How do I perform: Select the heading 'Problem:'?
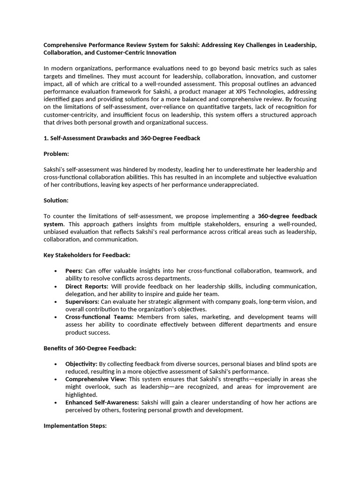click(56, 154)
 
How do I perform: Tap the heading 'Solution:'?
click(56, 201)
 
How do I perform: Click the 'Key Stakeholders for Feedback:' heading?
click(87, 255)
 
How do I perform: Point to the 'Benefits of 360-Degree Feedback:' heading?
click(90, 348)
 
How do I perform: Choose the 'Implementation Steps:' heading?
click(75, 426)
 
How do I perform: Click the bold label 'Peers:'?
click(74, 271)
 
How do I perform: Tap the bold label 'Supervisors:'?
click(82, 302)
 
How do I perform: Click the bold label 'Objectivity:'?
click(81, 364)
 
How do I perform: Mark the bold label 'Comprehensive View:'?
click(96, 379)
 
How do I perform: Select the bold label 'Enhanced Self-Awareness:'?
click(102, 402)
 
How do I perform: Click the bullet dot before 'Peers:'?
click(55, 271)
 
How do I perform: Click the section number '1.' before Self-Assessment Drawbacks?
click(46, 138)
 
